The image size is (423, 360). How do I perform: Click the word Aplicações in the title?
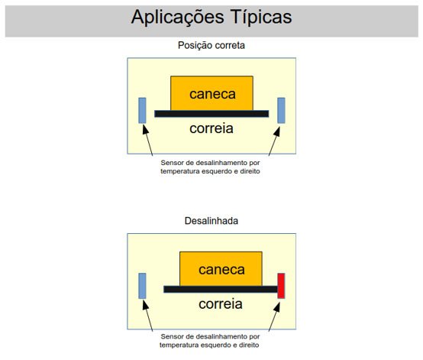pyautogui.click(x=177, y=18)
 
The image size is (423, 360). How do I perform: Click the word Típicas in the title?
pyautogui.click(x=261, y=18)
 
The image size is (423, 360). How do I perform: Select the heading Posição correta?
pyautogui.click(x=211, y=45)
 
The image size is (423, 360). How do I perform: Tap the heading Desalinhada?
pyautogui.click(x=211, y=221)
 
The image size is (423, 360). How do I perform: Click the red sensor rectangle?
pyautogui.click(x=281, y=286)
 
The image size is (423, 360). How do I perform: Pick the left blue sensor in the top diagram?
pyautogui.click(x=142, y=111)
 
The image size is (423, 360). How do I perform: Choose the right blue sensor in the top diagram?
pyautogui.click(x=281, y=111)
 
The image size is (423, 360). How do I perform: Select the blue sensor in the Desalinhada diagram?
pyautogui.click(x=142, y=286)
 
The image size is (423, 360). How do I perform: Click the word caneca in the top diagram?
pyautogui.click(x=212, y=94)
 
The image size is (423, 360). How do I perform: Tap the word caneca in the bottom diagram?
pyautogui.click(x=221, y=270)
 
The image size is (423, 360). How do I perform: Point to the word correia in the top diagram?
pyautogui.click(x=211, y=128)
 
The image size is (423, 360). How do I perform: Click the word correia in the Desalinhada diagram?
pyautogui.click(x=221, y=304)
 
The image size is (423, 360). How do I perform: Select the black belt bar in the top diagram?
pyautogui.click(x=211, y=114)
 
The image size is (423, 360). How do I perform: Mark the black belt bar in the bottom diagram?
pyautogui.click(x=221, y=289)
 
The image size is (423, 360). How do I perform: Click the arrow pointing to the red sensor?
pyautogui.click(x=274, y=316)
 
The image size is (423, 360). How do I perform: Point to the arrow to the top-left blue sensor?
pyautogui.click(x=147, y=141)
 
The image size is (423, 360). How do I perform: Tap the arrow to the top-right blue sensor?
pyautogui.click(x=274, y=141)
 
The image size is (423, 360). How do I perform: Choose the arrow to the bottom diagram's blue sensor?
pyautogui.click(x=147, y=316)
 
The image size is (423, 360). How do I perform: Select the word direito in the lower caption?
pyautogui.click(x=250, y=345)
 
